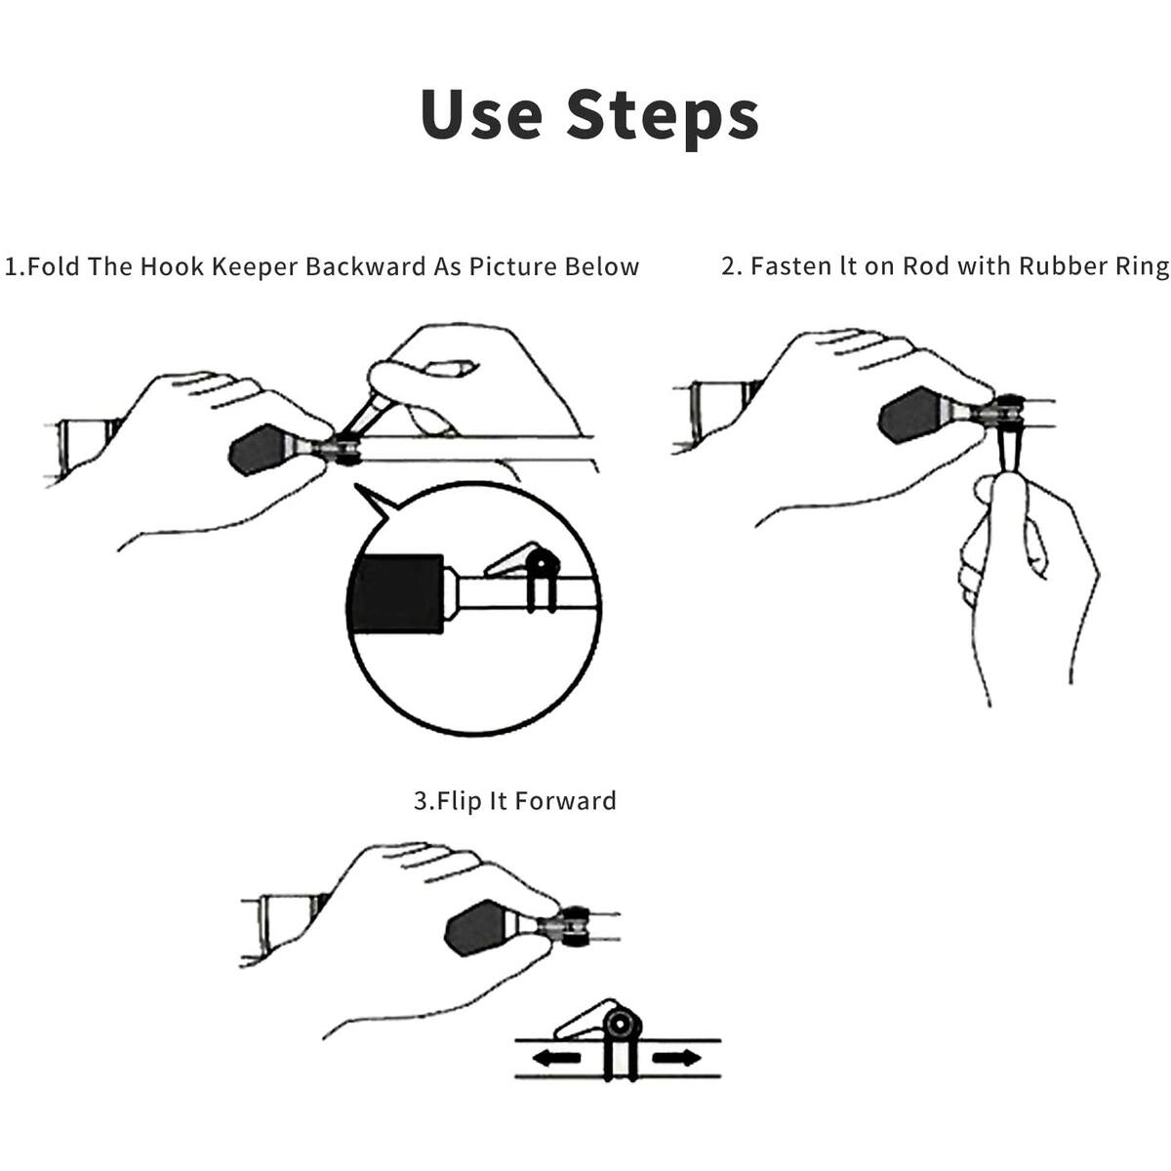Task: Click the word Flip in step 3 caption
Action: (459, 802)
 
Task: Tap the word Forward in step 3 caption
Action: (565, 802)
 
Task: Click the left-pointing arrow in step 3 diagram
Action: (555, 1058)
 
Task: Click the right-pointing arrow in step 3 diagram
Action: (675, 1058)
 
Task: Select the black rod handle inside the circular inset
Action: (396, 594)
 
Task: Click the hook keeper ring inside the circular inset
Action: (542, 565)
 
